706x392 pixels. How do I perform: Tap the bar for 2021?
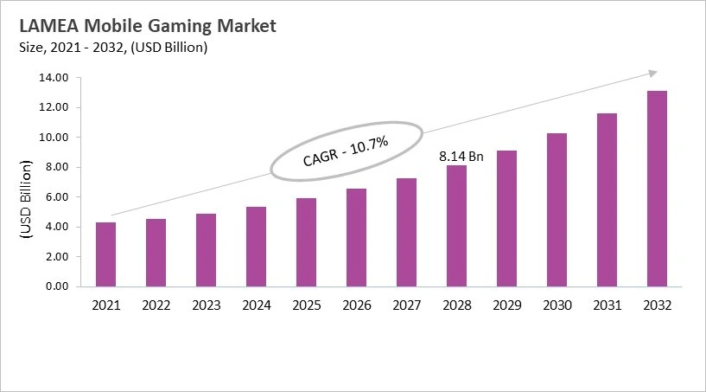coord(106,254)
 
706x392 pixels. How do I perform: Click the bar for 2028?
coord(456,226)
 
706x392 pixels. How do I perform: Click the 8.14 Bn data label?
coord(461,157)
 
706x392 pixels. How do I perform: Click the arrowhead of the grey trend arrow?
coord(653,73)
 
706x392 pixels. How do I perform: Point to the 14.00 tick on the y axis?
coord(54,78)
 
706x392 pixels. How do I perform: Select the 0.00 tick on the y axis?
coord(56,286)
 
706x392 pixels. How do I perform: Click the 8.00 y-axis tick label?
coord(56,167)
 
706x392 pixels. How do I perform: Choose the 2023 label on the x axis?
coord(207,305)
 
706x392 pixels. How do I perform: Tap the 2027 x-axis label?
coord(406,305)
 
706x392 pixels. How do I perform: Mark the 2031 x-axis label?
coord(607,305)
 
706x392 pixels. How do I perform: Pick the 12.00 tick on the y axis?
coord(54,107)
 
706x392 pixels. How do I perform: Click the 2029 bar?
coord(506,218)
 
